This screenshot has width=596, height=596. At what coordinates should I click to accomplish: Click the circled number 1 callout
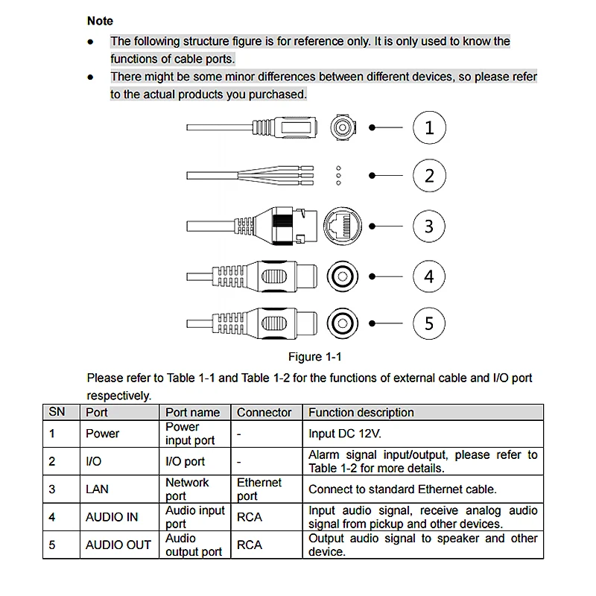429,127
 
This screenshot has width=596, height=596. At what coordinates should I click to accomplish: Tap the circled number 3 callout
429,226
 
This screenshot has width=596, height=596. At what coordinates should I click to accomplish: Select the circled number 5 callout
429,323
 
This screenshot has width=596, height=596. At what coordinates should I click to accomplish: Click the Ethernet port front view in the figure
343,226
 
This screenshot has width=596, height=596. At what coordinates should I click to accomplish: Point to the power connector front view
343,127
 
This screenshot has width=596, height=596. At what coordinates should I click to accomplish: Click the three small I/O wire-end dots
339,176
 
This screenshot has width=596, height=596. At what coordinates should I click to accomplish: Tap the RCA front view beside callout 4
342,276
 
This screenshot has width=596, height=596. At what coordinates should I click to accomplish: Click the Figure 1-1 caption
314,357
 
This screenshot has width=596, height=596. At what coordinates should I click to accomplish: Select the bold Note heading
100,21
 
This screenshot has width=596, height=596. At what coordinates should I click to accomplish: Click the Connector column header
264,413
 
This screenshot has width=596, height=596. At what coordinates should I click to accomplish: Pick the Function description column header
361,413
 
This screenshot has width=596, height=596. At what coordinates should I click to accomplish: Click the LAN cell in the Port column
97,489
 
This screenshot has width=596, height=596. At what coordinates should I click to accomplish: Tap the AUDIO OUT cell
118,545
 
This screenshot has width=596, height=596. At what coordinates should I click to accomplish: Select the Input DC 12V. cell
345,434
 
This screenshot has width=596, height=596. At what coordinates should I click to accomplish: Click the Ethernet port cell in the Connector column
259,489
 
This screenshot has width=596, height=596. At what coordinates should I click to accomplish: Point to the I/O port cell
185,461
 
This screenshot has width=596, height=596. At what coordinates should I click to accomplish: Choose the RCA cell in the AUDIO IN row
250,517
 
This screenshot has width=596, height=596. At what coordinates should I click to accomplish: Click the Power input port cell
190,434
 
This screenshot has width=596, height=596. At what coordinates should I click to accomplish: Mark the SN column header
57,412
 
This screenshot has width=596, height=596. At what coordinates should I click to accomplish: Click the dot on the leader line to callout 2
372,176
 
